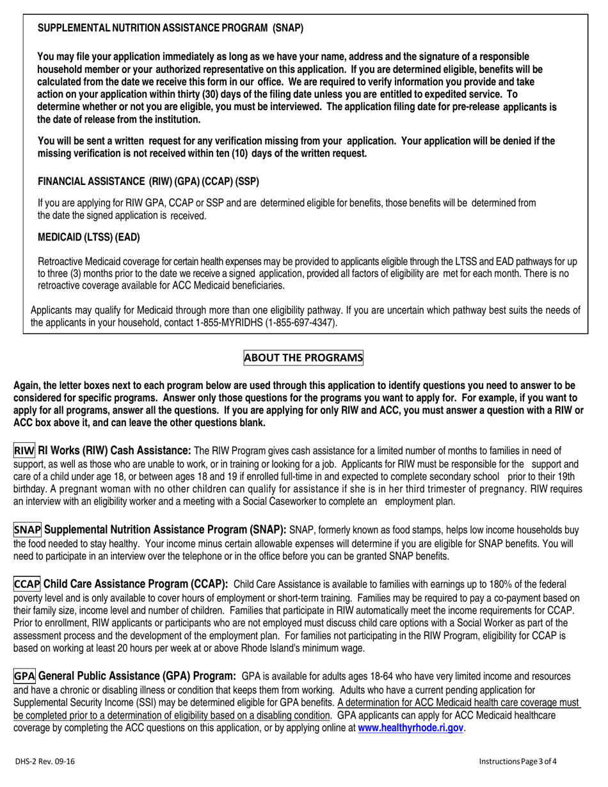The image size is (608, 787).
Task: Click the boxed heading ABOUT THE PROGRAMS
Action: point(303,358)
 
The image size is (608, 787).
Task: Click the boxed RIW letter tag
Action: point(24,450)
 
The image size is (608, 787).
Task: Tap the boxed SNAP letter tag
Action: point(28,530)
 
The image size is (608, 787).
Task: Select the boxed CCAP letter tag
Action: point(28,584)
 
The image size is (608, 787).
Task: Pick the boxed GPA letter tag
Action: point(24,676)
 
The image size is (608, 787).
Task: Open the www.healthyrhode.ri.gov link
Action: point(410,728)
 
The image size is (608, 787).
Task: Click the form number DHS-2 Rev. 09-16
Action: point(45,761)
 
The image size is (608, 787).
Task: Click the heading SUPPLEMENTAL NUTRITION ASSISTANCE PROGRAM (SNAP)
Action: point(171,28)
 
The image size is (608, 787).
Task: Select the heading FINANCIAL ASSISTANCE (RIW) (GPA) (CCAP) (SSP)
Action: point(148,182)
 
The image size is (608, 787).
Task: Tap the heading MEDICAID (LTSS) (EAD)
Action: point(89,237)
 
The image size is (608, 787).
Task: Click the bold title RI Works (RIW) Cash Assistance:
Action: point(115,450)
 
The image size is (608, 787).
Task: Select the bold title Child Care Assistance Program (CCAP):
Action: point(136,584)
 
